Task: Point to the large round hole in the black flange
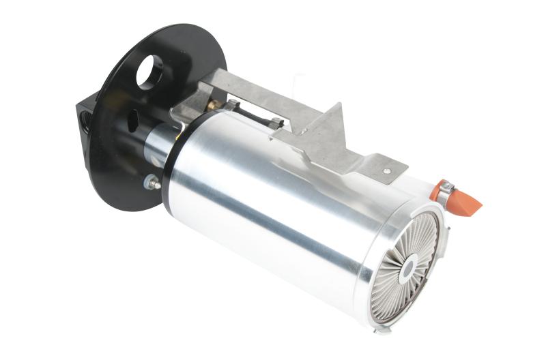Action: [148, 71]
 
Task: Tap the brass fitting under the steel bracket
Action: [214, 104]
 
